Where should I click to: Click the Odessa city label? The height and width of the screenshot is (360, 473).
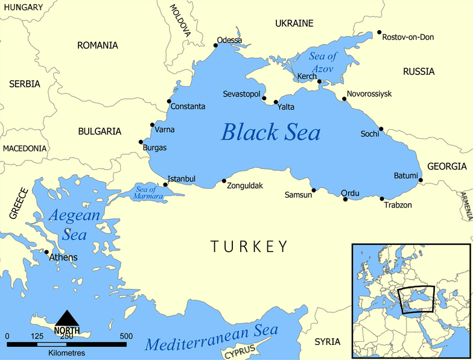coord(229,40)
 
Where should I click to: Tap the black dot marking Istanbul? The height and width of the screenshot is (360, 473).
coord(165,185)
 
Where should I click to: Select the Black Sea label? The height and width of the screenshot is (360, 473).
coord(270,132)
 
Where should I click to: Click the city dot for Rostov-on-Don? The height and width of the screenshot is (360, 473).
coord(379,33)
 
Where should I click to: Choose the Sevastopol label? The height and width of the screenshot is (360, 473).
coord(241,95)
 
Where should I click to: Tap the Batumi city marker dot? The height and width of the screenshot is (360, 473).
coord(421,180)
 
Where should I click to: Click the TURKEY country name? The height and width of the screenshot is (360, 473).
coord(249,246)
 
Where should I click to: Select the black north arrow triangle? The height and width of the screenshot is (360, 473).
coord(66,318)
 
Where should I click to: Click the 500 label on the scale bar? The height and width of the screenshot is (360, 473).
coord(126,336)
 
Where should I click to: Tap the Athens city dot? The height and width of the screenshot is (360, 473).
coord(46,252)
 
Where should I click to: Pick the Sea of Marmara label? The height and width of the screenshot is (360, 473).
coord(145,193)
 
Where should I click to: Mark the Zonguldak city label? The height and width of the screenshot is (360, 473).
coord(244,186)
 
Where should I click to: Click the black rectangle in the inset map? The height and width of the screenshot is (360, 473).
coord(416,299)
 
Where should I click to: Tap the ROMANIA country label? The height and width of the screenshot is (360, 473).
coord(98,45)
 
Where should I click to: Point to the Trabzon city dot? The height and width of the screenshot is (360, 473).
coord(382,198)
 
